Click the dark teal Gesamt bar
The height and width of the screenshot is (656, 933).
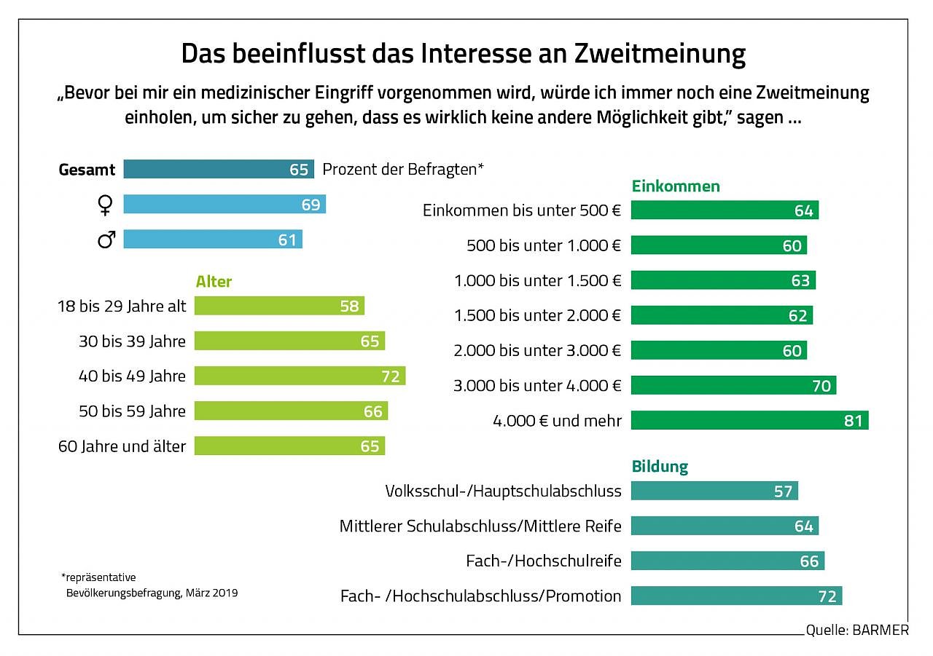pos(218,169)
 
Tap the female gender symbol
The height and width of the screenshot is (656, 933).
pos(106,205)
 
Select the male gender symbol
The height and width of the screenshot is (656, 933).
pos(106,239)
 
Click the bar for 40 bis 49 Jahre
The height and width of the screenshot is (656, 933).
pos(300,376)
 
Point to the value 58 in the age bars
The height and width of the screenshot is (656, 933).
pos(349,307)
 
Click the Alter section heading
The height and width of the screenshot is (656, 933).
pos(214,282)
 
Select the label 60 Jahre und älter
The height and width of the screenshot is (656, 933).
pos(122,446)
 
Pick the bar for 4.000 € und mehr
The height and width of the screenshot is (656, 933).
pos(749,420)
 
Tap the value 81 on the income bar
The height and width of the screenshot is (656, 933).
pos(853,421)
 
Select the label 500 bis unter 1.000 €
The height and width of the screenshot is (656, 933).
pos(544,245)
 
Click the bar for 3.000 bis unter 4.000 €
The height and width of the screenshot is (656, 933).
pos(733,385)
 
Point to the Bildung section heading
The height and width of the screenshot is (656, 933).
pos(659,467)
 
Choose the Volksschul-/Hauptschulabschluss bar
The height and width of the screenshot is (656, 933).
pos(714,491)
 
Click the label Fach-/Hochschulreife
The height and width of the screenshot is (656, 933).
pos(544,561)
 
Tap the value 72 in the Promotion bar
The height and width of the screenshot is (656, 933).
pos(827,597)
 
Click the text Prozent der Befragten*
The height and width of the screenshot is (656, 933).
pos(403,170)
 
